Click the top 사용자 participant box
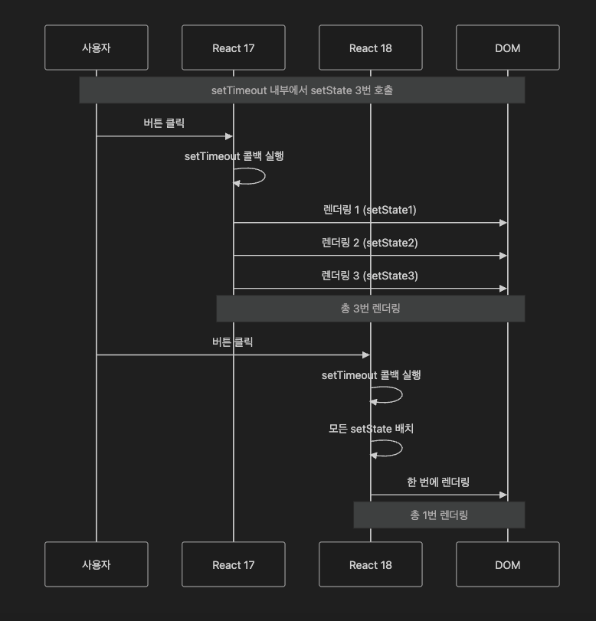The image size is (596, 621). [96, 48]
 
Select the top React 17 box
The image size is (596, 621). [233, 48]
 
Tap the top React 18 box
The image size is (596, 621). [370, 48]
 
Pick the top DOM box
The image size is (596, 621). [507, 48]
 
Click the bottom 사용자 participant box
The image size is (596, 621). [96, 565]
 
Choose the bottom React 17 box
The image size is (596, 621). [233, 565]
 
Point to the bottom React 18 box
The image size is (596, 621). [370, 565]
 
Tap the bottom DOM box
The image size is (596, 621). [507, 565]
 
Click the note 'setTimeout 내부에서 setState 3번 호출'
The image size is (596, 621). [302, 90]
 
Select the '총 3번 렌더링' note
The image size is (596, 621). [370, 309]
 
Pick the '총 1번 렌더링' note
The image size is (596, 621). [439, 515]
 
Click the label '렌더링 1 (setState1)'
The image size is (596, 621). [369, 210]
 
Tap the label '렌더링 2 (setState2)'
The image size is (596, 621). [369, 243]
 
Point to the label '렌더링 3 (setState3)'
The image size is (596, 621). [369, 276]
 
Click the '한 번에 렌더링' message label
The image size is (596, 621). [438, 482]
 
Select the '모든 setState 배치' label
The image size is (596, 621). [371, 429]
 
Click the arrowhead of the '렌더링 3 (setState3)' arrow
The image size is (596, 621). [503, 289]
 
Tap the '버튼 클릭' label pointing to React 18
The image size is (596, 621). [232, 342]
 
